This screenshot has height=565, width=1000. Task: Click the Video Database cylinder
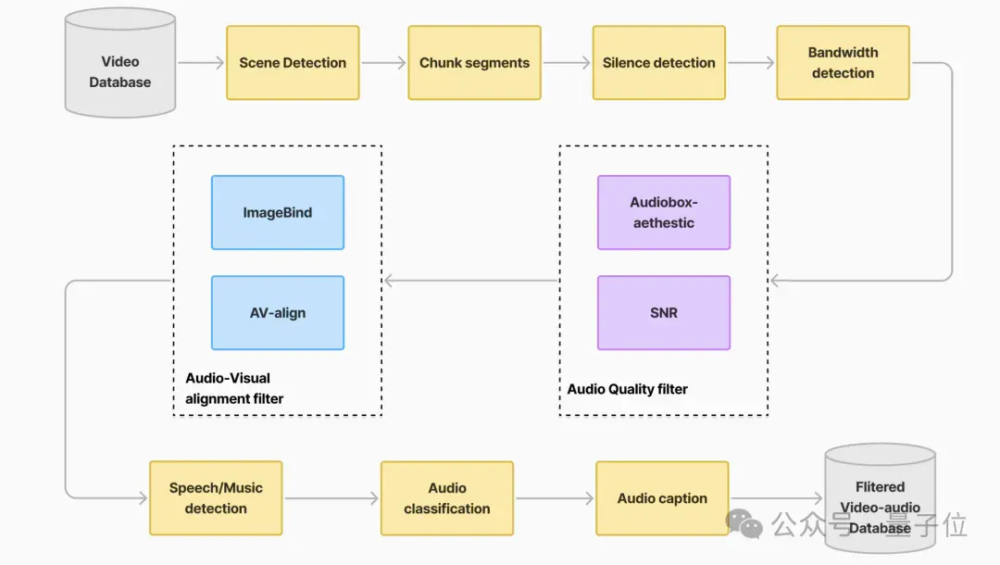click(119, 62)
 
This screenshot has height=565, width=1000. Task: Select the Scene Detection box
click(293, 62)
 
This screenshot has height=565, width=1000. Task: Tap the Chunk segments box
click(474, 62)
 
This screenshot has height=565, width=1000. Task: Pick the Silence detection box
click(659, 62)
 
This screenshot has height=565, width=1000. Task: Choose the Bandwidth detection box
click(844, 62)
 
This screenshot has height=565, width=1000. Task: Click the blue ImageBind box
click(278, 212)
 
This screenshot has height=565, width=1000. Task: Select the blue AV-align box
click(278, 312)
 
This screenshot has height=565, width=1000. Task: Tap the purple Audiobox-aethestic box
click(664, 212)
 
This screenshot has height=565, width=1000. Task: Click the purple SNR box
click(664, 312)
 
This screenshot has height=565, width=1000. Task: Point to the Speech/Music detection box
click(216, 498)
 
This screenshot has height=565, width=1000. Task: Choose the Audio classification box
click(447, 498)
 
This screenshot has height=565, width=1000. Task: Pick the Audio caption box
click(662, 498)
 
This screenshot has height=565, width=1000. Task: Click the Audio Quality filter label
click(628, 389)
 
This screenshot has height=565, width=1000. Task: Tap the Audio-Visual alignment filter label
click(234, 388)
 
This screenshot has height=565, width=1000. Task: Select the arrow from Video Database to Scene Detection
click(201, 62)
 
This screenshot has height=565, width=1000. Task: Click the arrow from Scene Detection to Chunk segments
click(383, 62)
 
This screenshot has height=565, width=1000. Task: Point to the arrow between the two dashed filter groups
click(471, 281)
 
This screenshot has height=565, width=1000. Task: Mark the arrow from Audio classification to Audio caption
click(555, 498)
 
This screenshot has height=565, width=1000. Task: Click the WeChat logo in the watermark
click(744, 523)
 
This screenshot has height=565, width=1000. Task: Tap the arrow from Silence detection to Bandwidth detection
click(751, 62)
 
